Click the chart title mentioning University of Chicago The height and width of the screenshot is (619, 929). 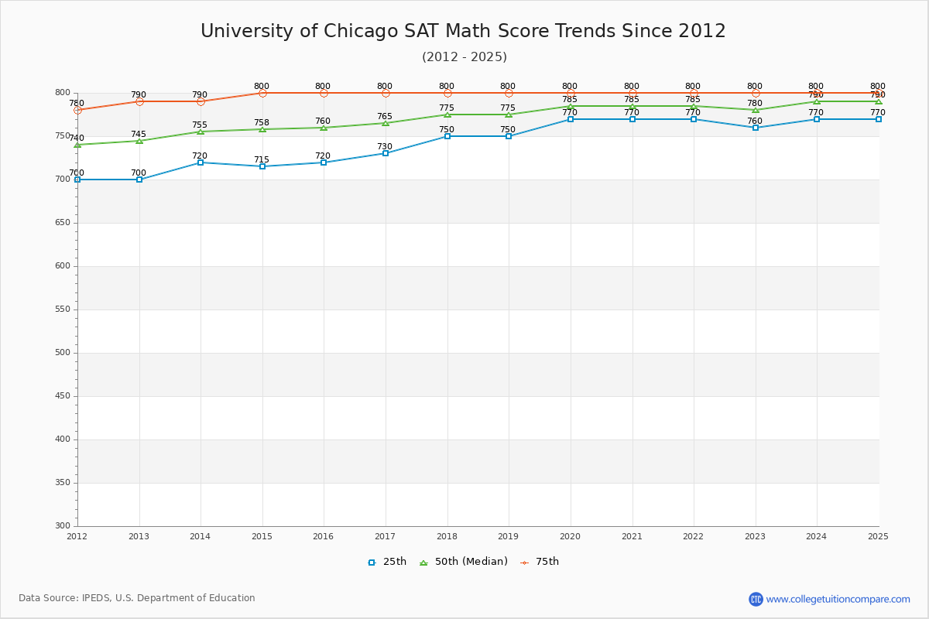[x=463, y=32]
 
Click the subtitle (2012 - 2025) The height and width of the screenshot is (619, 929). [x=464, y=57]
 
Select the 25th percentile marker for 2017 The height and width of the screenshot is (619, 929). [x=386, y=153]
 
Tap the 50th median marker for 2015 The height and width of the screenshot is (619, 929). [x=262, y=129]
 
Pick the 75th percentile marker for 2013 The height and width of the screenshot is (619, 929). [x=139, y=101]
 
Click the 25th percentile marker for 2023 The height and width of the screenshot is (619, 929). [x=756, y=128]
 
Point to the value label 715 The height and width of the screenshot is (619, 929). [x=262, y=160]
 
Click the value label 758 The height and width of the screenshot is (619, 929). [x=262, y=123]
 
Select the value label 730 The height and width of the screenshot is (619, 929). [x=385, y=147]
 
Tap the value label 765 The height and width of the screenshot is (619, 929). [x=385, y=117]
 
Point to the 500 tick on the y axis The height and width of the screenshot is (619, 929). [x=62, y=353]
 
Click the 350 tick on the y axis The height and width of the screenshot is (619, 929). [x=62, y=483]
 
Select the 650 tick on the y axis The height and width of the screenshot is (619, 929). [x=62, y=223]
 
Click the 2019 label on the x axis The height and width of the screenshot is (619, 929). [x=508, y=536]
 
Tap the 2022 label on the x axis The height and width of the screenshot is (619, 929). [x=693, y=536]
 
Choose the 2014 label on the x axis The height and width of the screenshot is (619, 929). [x=200, y=536]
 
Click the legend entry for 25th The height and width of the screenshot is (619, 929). [x=387, y=562]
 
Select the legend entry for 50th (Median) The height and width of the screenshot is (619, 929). [x=464, y=562]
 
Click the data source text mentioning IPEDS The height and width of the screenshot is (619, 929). [x=137, y=598]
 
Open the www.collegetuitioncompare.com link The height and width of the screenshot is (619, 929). [x=838, y=599]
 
